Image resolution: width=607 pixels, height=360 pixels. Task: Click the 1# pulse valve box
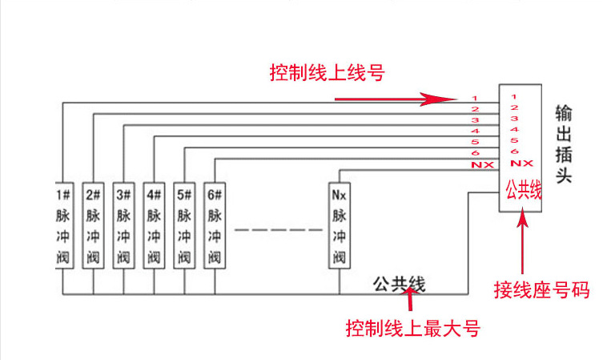64,225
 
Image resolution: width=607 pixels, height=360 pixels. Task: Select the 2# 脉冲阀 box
93,225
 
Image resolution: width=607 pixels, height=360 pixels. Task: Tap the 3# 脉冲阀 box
123,225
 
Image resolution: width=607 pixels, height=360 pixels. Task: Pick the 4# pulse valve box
154,225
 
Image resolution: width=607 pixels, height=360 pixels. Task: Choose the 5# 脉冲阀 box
184,225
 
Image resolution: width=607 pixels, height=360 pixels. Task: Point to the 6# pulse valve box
215,225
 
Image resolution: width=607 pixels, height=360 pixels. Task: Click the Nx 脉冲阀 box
340,225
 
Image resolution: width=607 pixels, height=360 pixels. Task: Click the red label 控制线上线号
327,72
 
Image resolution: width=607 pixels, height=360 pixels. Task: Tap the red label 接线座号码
541,290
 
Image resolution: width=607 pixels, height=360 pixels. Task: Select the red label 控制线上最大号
413,328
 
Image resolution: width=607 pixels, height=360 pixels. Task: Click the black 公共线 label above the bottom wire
399,284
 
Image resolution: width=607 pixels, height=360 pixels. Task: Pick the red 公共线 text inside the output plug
524,190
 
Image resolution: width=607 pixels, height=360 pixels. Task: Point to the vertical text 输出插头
564,144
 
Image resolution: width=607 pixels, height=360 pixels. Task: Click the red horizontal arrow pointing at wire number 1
396,99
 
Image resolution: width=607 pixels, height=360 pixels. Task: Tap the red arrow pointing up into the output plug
523,241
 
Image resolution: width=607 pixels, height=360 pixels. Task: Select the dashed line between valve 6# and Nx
279,230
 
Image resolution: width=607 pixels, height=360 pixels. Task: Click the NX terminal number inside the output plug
522,164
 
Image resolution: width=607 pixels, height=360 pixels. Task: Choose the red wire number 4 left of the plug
476,131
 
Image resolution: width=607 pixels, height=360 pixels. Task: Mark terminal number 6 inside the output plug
514,151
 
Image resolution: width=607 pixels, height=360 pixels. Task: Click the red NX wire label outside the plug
482,165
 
